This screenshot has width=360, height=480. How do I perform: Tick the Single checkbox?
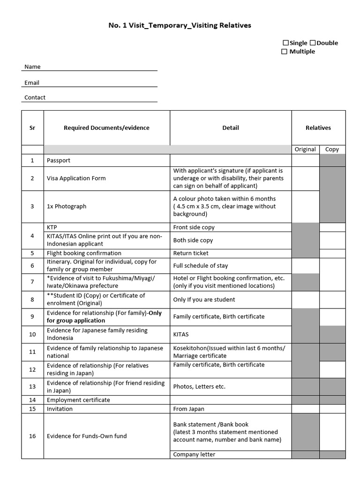pyautogui.click(x=285, y=43)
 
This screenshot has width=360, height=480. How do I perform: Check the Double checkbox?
pyautogui.click(x=313, y=43)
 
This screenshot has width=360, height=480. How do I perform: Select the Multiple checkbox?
pyautogui.click(x=284, y=52)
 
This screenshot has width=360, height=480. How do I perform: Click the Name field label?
pyautogui.click(x=32, y=67)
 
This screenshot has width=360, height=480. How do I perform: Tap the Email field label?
pyautogui.click(x=32, y=82)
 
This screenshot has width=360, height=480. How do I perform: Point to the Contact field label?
pyautogui.click(x=35, y=97)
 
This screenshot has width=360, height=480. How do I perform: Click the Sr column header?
pyautogui.click(x=32, y=128)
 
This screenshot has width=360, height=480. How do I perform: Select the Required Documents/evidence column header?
pyautogui.click(x=106, y=128)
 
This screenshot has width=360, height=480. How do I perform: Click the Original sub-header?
pyautogui.click(x=305, y=150)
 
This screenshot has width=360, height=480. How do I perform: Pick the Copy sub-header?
pyautogui.click(x=332, y=150)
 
